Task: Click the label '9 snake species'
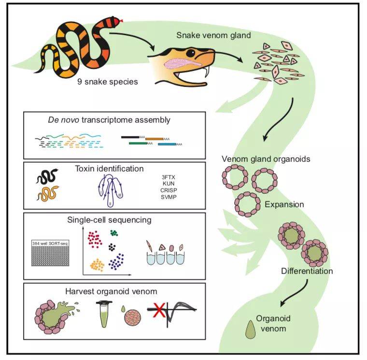[x=108, y=82]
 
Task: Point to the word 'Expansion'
[x=284, y=204]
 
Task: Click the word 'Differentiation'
[x=307, y=271]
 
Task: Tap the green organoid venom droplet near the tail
[x=252, y=328]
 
